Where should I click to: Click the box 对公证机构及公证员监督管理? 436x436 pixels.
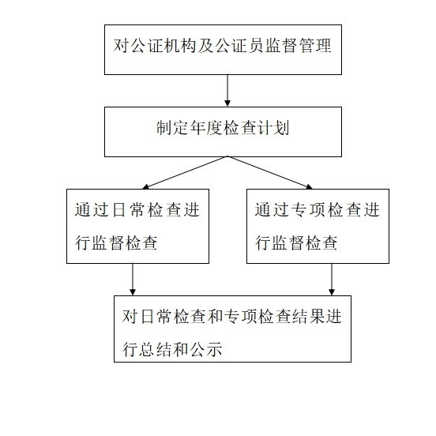[x=223, y=50]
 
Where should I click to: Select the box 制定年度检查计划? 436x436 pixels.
[x=223, y=132]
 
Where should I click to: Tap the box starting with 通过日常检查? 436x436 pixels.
[x=137, y=227]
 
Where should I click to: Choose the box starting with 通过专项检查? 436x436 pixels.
[x=318, y=227]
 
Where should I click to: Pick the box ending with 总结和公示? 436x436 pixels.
[x=232, y=329]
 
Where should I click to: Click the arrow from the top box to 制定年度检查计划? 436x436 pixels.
[x=227, y=90]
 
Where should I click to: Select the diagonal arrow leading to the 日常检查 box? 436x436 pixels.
[x=185, y=173]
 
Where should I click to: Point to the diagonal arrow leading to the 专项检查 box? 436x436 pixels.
[x=270, y=173]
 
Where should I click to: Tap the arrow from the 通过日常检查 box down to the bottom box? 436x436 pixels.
[x=133, y=280]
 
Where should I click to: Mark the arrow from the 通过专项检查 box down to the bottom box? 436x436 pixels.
[x=332, y=280]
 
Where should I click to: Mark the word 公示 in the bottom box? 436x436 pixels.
[x=206, y=349]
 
